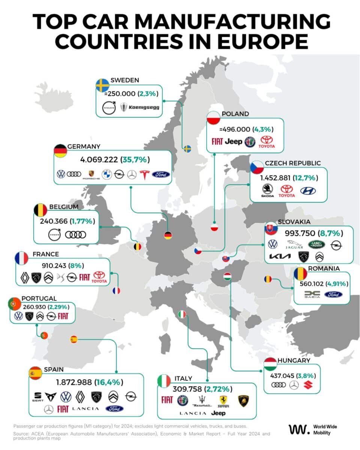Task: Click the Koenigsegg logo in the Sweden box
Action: point(139,108)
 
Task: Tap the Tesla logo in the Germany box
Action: point(144,174)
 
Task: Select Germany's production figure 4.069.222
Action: point(99,160)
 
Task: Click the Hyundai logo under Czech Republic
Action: point(308,191)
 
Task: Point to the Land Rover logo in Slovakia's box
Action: point(315,244)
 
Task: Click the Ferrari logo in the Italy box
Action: point(223,400)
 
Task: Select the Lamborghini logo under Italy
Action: point(243,400)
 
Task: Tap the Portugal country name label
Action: point(39,298)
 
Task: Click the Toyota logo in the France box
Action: point(100,277)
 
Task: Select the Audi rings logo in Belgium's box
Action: point(75,235)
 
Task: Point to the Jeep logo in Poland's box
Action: point(233,141)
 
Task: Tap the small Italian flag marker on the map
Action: point(182,314)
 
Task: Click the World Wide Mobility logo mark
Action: point(299,429)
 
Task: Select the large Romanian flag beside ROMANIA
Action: point(300,274)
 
